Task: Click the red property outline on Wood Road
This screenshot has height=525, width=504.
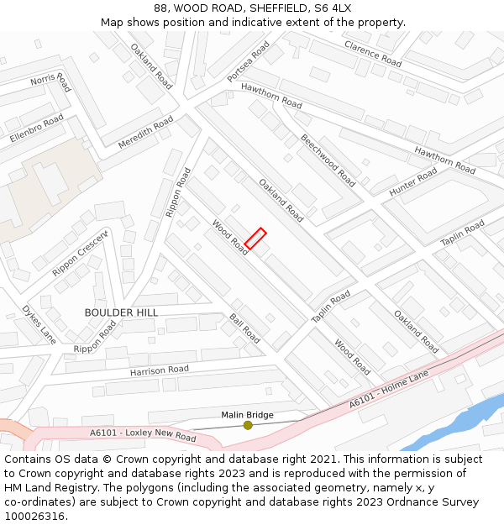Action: [255, 239]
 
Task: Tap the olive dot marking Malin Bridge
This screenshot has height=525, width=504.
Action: [248, 426]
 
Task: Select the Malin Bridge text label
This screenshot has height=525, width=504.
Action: [247, 415]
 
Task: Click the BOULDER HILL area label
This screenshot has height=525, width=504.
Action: [121, 312]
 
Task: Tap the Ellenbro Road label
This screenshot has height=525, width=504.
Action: [36, 129]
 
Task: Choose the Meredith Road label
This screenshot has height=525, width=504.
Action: [145, 133]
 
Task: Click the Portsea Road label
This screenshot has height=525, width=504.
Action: [249, 62]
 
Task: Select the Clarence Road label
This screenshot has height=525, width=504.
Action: [373, 53]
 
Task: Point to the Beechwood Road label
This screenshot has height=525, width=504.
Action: [328, 160]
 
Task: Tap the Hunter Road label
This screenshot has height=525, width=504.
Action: [413, 182]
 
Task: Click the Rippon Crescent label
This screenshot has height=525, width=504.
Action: [81, 253]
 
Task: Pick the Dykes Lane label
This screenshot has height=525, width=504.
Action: [39, 324]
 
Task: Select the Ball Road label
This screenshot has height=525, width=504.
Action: [244, 328]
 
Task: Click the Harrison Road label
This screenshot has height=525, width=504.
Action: [160, 370]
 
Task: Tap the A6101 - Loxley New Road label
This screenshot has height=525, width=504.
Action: [143, 435]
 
